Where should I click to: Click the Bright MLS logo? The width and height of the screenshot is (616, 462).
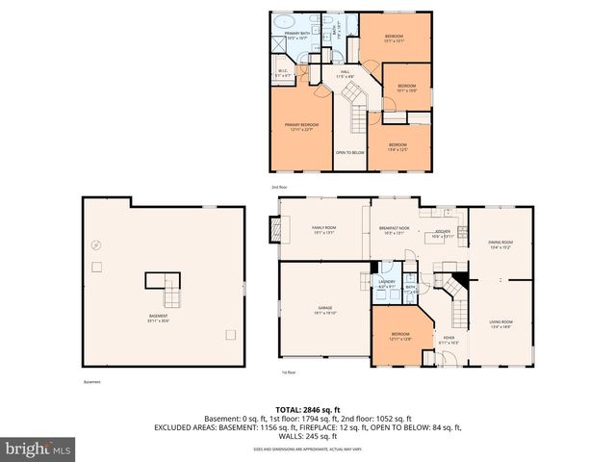(x=38, y=449)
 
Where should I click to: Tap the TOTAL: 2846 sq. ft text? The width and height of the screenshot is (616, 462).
(x=308, y=409)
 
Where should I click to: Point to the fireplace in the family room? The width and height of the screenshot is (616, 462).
(x=275, y=229)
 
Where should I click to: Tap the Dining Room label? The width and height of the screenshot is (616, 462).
(x=500, y=244)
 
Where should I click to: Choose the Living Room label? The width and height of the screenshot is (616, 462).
(x=500, y=323)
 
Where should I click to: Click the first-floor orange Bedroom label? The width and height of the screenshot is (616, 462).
(x=399, y=337)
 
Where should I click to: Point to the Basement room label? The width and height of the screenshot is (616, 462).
(x=158, y=318)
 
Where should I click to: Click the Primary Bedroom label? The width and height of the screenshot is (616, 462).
(x=301, y=126)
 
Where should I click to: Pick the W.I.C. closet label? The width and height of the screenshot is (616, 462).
(x=284, y=70)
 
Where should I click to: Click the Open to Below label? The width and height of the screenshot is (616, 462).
(x=349, y=152)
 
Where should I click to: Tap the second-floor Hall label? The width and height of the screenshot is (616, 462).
(x=345, y=74)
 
